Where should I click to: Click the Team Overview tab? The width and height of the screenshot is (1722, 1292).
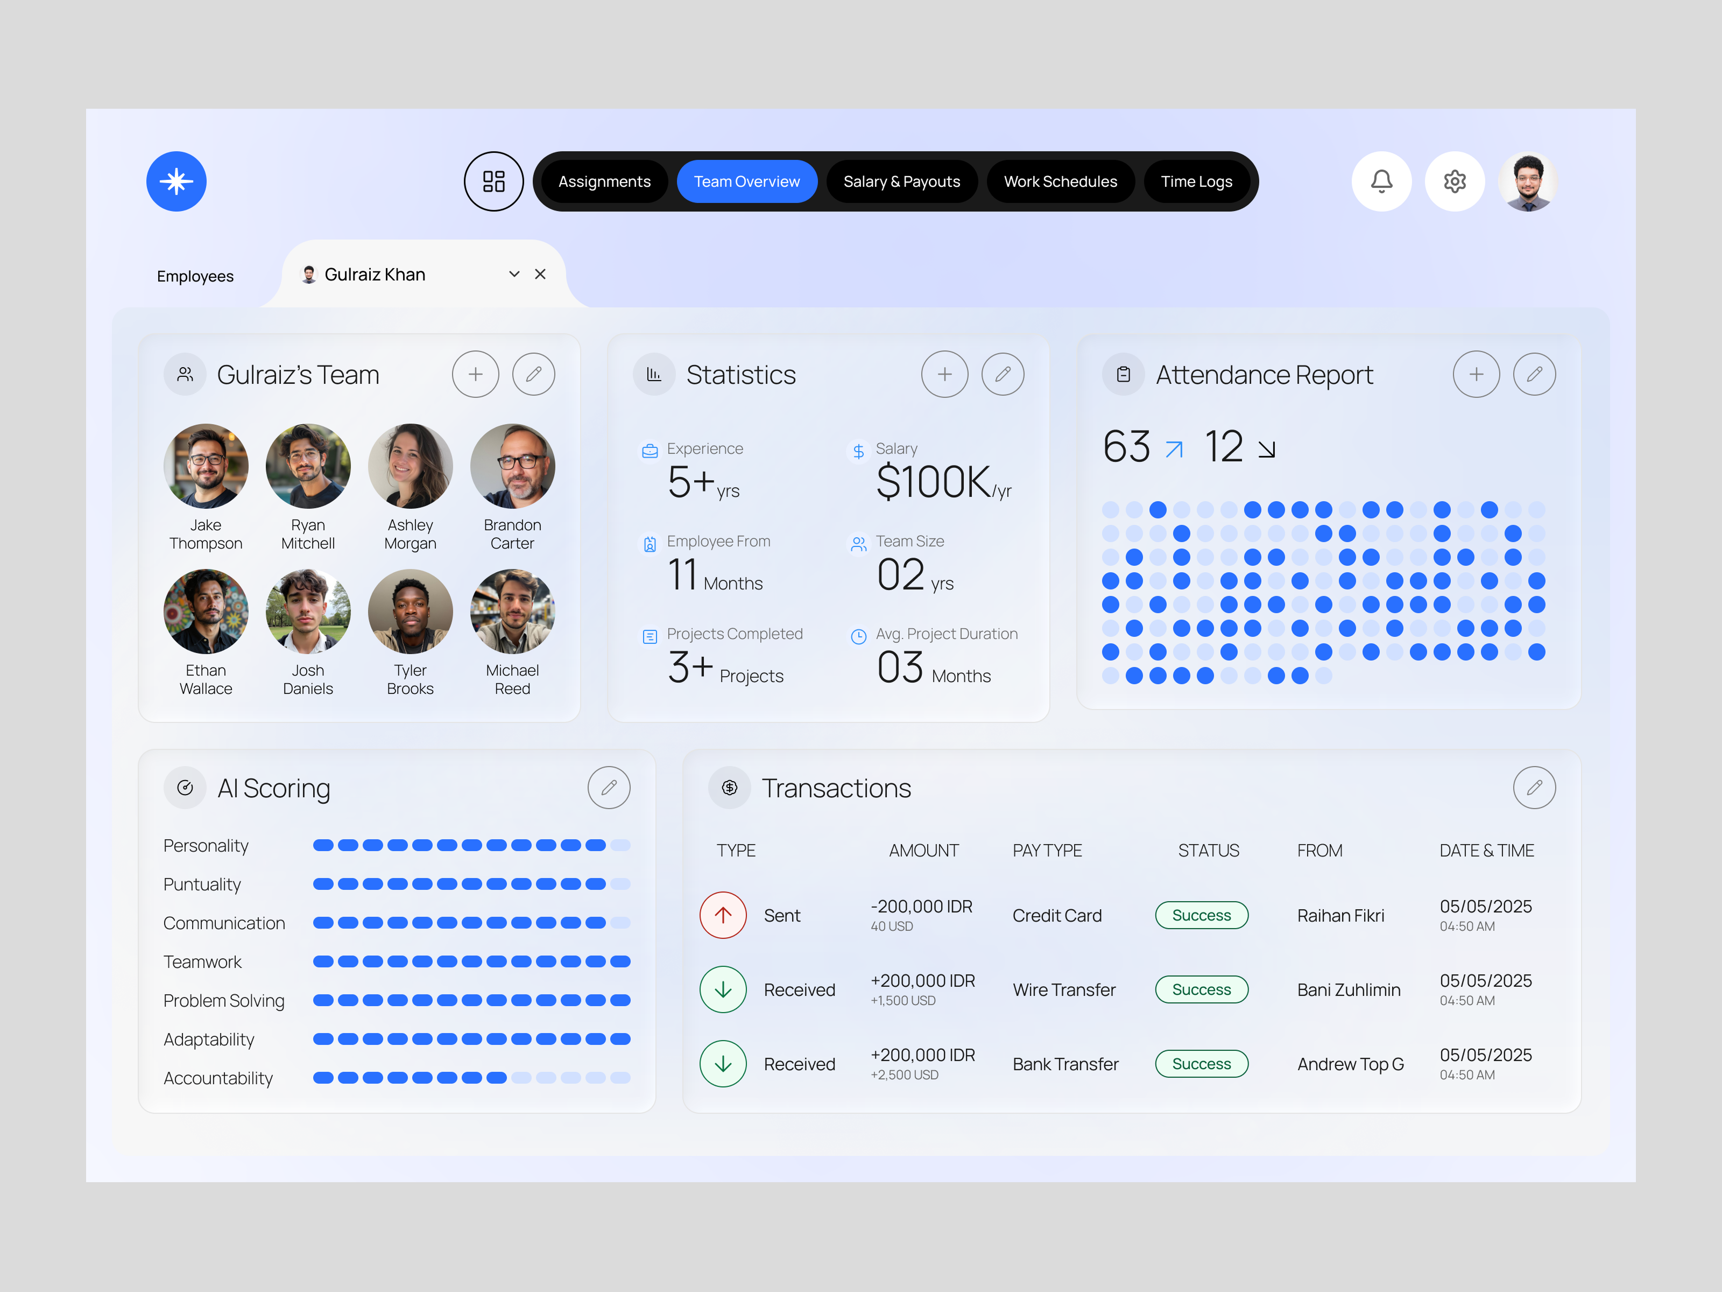point(746,181)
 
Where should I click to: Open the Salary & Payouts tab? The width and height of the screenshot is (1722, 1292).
point(901,181)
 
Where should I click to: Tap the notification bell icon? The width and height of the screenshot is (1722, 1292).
point(1381,181)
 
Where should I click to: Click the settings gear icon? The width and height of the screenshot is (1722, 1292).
point(1454,181)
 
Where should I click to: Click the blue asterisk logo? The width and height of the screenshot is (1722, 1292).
point(177,181)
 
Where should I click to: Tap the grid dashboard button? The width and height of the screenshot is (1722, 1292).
point(493,181)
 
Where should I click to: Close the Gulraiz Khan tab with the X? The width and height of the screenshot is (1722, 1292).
point(540,274)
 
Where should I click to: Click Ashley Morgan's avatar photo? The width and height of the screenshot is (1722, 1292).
point(410,466)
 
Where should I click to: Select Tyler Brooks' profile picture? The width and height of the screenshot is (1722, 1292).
point(410,612)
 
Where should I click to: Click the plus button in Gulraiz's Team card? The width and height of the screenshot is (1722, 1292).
point(475,375)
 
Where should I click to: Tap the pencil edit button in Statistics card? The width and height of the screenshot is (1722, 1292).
point(1003,375)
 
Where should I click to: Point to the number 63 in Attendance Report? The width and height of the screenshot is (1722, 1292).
point(1126,447)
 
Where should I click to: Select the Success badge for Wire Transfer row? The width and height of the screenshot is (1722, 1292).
point(1201,990)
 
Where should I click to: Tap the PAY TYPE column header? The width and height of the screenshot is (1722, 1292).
point(1047,851)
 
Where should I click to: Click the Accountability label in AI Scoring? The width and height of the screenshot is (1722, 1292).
point(218,1078)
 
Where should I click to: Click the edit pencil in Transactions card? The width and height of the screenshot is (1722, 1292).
point(1534,788)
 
